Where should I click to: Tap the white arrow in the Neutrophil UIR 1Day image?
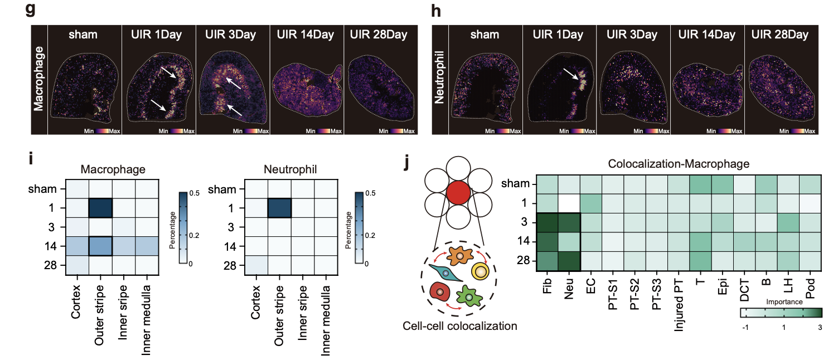[571, 75]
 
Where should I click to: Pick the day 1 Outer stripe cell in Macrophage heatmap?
[101, 208]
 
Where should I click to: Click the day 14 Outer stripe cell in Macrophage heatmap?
[101, 246]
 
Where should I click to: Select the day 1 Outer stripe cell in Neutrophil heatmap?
[280, 208]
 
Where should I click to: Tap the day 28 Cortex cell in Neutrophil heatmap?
[256, 264]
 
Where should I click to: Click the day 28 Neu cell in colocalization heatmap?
[569, 260]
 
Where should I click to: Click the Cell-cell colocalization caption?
[460, 325]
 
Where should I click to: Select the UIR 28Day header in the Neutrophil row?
[779, 35]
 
